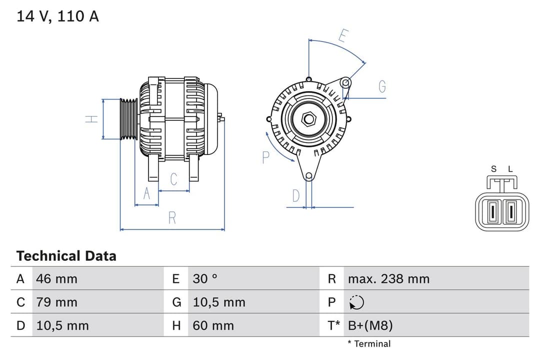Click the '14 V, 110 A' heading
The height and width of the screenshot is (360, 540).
pyautogui.click(x=57, y=16)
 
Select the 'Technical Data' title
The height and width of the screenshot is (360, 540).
pyautogui.click(x=66, y=256)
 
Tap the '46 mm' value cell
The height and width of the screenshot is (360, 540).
pyautogui.click(x=56, y=278)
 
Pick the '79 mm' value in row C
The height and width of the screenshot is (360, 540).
pyautogui.click(x=56, y=302)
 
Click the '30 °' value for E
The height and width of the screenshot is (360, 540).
pyautogui.click(x=205, y=278)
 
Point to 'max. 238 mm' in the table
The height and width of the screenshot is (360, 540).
pyautogui.click(x=388, y=278)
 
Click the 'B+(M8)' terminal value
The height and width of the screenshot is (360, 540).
pyautogui.click(x=370, y=325)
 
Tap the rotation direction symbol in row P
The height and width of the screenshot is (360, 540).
pyautogui.click(x=356, y=302)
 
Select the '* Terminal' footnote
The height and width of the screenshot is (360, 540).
pyautogui.click(x=369, y=343)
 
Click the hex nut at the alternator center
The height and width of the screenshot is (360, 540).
pyautogui.click(x=309, y=118)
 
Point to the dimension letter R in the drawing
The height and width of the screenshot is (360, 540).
pyautogui.click(x=172, y=218)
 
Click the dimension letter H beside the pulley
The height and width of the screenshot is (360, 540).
pyautogui.click(x=91, y=119)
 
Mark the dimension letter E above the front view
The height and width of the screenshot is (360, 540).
pyautogui.click(x=343, y=35)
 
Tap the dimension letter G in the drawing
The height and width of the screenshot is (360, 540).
pyautogui.click(x=382, y=87)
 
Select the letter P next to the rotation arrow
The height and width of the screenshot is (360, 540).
pyautogui.click(x=265, y=157)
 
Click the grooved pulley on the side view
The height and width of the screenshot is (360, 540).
pyautogui.click(x=129, y=119)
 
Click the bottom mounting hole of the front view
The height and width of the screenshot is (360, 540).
pyautogui.click(x=309, y=175)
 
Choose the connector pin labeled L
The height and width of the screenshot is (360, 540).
pyautogui.click(x=510, y=211)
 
